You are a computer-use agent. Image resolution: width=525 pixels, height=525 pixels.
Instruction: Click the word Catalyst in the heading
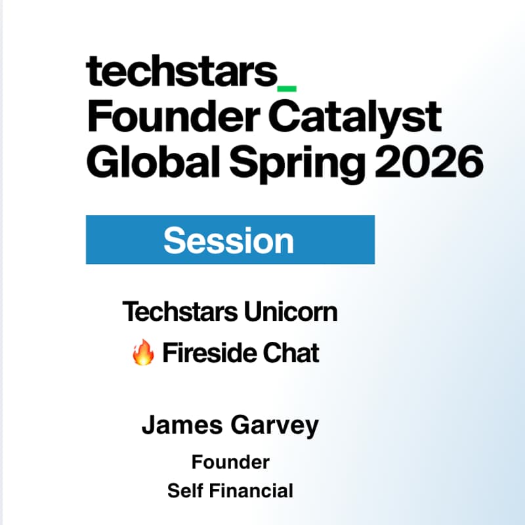(355, 119)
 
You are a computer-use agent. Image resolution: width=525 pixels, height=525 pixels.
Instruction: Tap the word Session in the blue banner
(229, 240)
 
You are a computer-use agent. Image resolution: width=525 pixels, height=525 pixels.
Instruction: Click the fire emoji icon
(143, 354)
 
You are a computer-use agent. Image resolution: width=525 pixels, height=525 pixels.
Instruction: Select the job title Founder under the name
(230, 462)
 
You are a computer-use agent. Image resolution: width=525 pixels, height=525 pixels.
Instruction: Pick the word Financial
(253, 490)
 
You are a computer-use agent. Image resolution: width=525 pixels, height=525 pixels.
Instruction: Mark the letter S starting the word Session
(175, 240)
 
